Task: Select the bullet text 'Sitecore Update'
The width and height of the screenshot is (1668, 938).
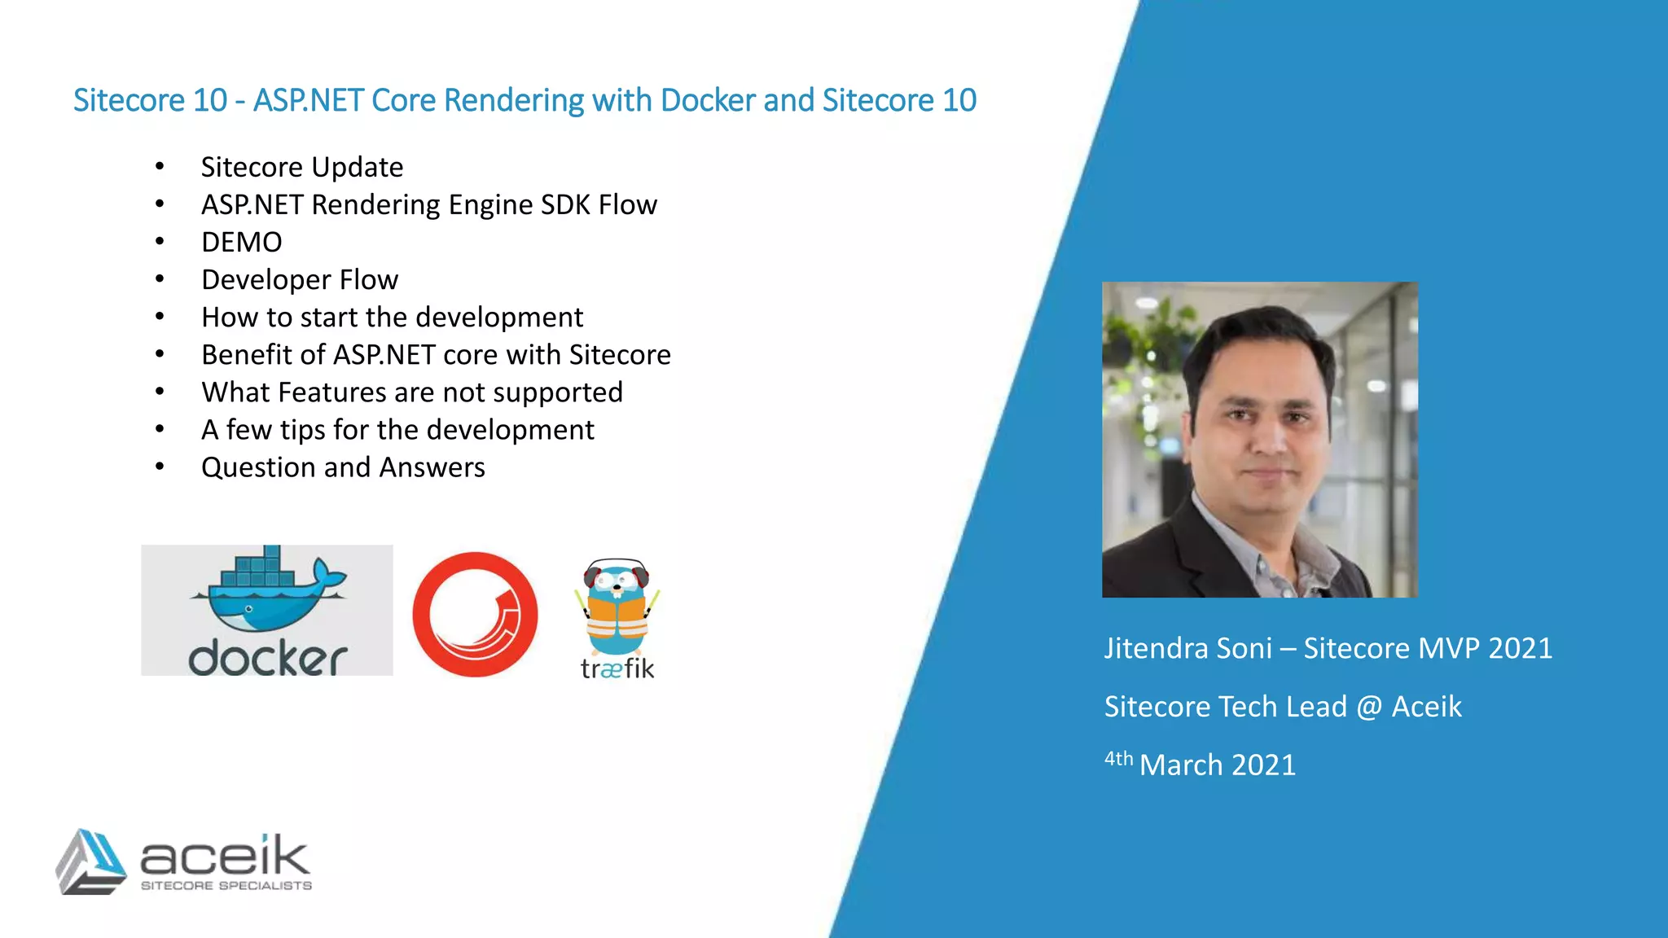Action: click(x=302, y=168)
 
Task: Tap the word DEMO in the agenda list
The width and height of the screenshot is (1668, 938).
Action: click(x=242, y=243)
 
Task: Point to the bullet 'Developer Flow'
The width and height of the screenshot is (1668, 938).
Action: click(x=300, y=280)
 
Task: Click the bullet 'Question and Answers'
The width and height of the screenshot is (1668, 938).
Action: click(x=343, y=468)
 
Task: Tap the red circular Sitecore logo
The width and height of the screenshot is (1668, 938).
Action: click(x=475, y=615)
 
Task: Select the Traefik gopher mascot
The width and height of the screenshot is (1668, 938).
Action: click(x=617, y=607)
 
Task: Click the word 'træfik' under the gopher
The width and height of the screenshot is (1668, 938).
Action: click(x=617, y=669)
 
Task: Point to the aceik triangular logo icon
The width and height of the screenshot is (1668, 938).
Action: click(x=90, y=862)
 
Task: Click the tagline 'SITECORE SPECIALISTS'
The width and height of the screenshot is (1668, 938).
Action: click(x=226, y=886)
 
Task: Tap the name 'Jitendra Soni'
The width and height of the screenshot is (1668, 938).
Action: click(x=1187, y=649)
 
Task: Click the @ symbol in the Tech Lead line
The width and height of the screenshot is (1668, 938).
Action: click(x=1369, y=707)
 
